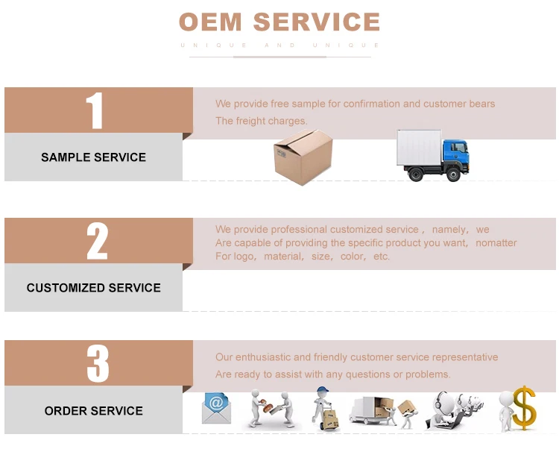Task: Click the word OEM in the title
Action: tap(212, 22)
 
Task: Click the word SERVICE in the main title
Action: tap(317, 22)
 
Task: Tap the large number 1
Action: tap(95, 111)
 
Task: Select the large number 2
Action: tap(97, 241)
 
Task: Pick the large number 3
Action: tap(97, 364)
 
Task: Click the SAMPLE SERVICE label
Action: tap(93, 157)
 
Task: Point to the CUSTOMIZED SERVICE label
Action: tap(93, 288)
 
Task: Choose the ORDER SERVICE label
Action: tap(93, 411)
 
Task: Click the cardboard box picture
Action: tap(302, 157)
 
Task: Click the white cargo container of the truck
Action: tap(419, 149)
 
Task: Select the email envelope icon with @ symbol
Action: tap(216, 408)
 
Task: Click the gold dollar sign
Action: tap(525, 407)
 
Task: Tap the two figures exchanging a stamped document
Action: tap(270, 409)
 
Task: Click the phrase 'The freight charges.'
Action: tap(261, 121)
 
